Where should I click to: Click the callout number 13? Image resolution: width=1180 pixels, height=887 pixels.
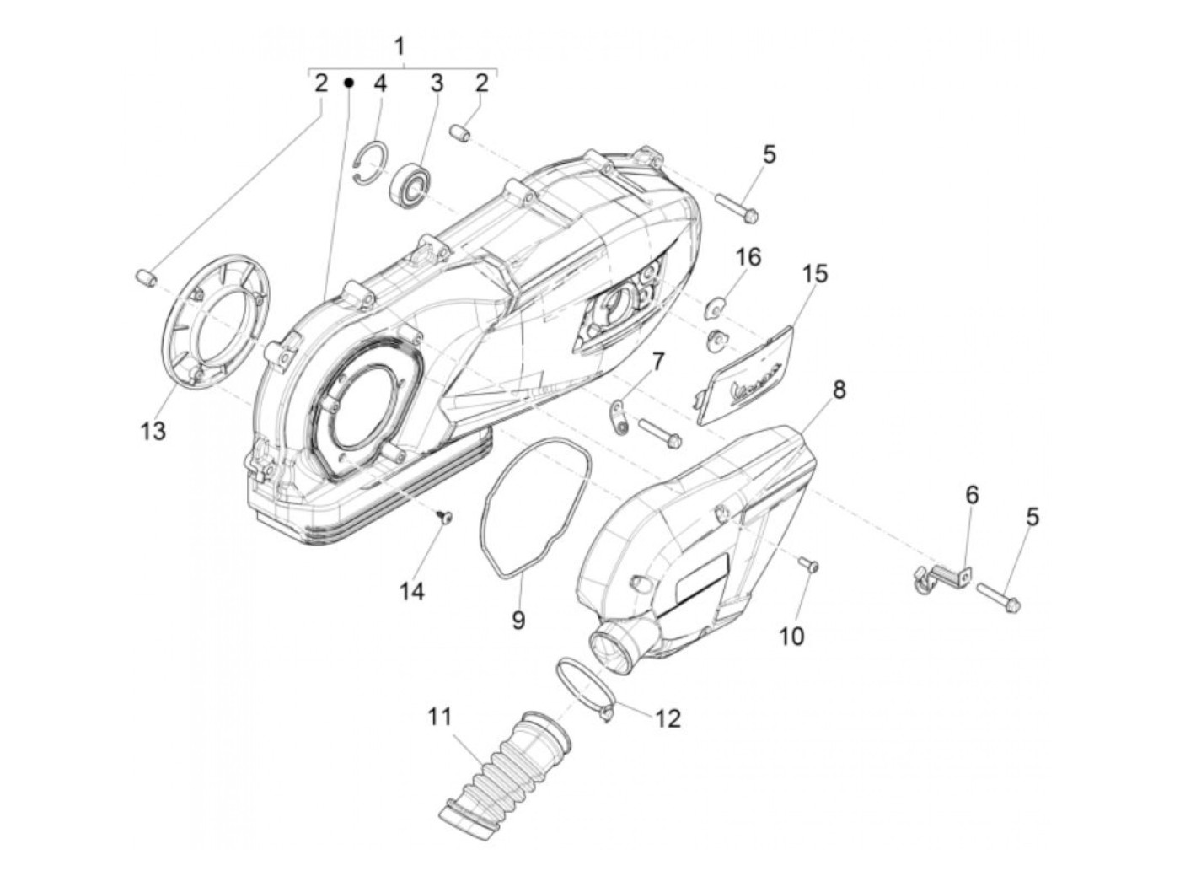pos(153,431)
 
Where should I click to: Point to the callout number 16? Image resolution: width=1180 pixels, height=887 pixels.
pos(748,257)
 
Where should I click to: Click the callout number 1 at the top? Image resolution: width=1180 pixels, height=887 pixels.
pos(400,45)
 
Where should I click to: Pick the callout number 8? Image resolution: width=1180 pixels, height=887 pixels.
pos(816,390)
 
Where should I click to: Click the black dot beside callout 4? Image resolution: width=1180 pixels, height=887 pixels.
pos(349,83)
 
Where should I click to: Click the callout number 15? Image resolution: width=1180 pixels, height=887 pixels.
pos(814,274)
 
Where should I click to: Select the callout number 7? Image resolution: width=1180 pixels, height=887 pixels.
pos(657,362)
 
